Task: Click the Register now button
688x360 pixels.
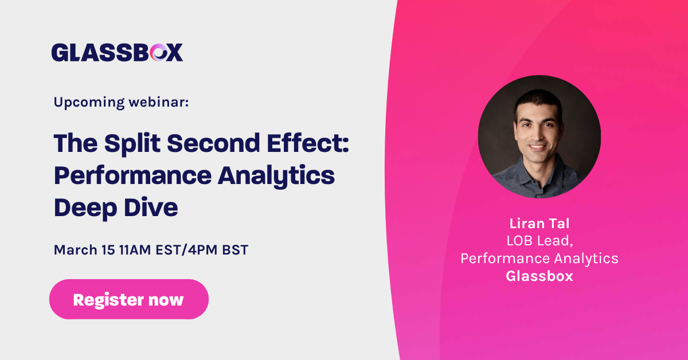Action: tap(128, 299)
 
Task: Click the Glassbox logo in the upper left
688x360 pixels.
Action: tap(117, 52)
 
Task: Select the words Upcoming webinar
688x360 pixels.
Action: tap(121, 102)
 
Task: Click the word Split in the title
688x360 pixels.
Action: tap(127, 143)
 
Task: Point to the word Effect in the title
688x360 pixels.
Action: tap(303, 143)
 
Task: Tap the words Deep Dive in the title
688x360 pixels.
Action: tap(116, 208)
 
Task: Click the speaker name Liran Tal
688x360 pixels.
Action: tap(539, 224)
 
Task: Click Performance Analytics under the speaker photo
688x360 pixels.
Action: tap(539, 259)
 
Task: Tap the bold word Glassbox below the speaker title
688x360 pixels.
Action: tap(539, 276)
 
